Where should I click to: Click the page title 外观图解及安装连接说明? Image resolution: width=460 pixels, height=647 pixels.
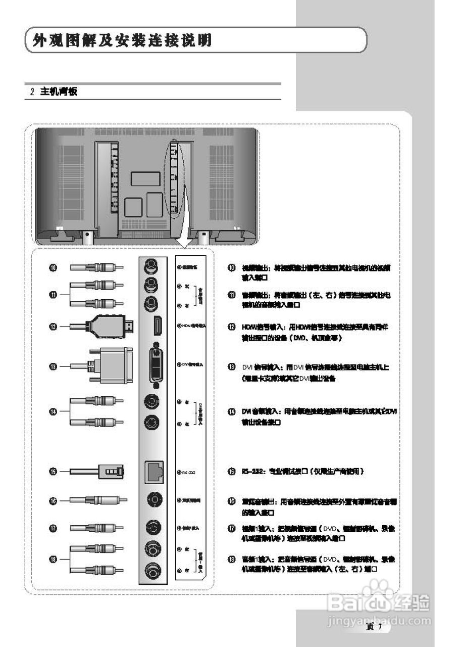point(121,40)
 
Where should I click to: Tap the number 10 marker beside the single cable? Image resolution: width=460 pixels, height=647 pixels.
point(53,267)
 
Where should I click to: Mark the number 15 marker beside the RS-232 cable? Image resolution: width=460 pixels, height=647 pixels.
point(53,472)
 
